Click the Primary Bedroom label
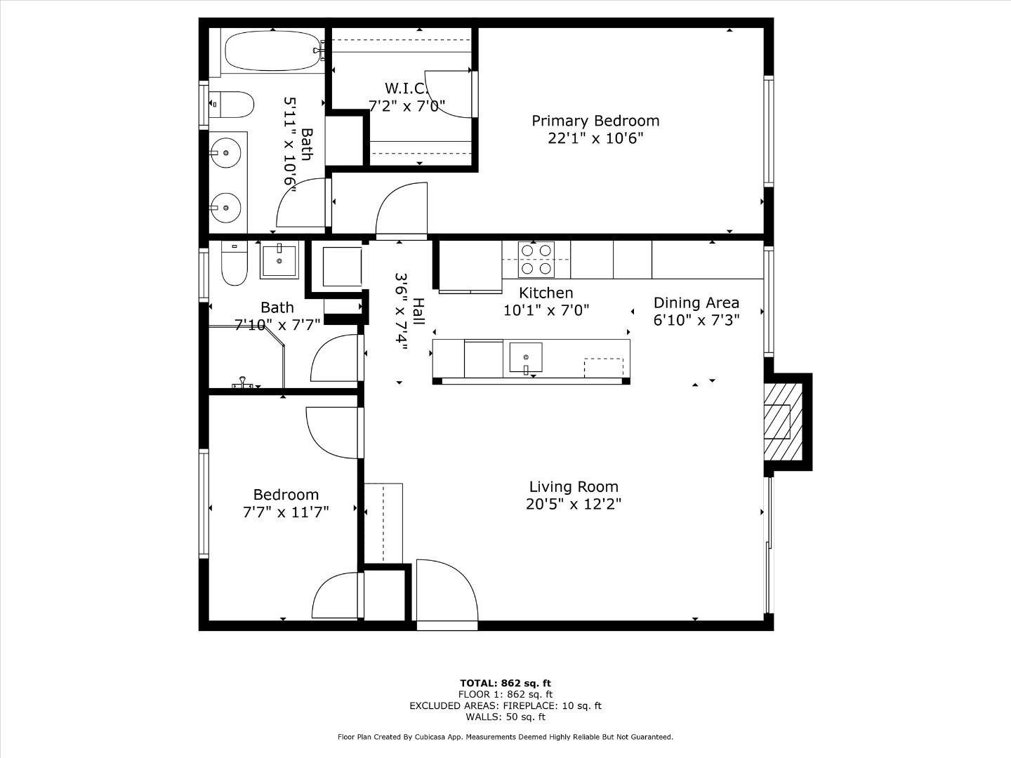click(x=595, y=121)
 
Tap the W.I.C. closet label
click(x=406, y=88)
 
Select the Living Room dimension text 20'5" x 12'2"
click(x=573, y=504)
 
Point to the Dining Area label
click(x=696, y=302)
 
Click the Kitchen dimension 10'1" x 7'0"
click(x=546, y=310)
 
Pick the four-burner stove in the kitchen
click(x=536, y=259)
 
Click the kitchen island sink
click(x=525, y=357)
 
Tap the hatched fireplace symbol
click(x=777, y=421)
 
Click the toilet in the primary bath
click(x=231, y=105)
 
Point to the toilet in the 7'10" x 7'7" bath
click(x=234, y=265)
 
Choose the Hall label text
click(x=418, y=311)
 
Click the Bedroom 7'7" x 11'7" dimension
click(x=286, y=512)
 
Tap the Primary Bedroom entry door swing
click(x=402, y=209)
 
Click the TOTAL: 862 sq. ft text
click(x=505, y=683)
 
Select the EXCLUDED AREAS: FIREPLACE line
click(x=505, y=705)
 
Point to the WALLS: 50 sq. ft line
click(x=505, y=717)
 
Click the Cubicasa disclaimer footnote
click(x=505, y=737)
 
